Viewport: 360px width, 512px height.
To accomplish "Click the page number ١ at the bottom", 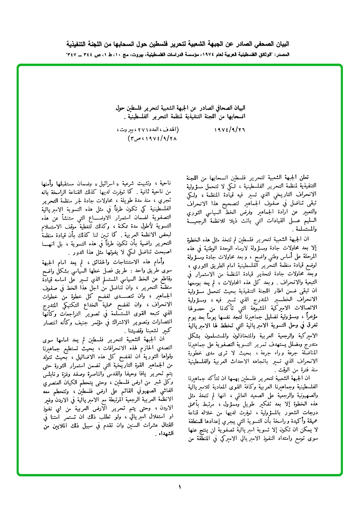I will point(180,486).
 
